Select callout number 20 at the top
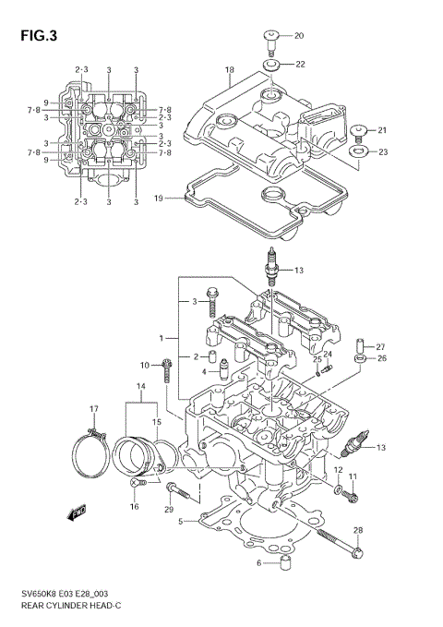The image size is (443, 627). [x=298, y=35]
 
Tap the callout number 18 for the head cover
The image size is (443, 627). [x=229, y=70]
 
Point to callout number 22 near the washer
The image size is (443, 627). [x=298, y=64]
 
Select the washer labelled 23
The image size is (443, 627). [x=360, y=151]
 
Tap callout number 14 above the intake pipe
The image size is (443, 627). [x=141, y=385]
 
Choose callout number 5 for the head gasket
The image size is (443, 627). [x=182, y=522]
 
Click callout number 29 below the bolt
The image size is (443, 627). [x=168, y=510]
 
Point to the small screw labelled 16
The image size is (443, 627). [x=137, y=483]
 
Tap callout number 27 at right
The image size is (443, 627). [x=379, y=346]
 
